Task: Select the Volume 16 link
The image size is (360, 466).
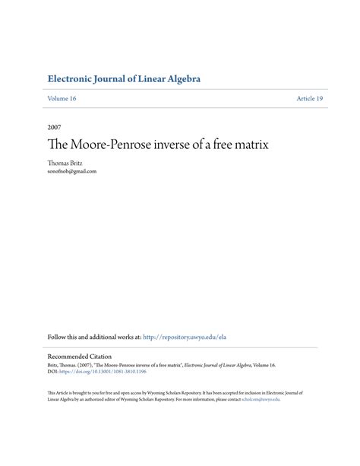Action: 62,99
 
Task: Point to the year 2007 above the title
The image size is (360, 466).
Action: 54,126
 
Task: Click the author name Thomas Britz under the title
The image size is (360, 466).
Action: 66,163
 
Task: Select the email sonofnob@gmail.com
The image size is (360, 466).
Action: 72,171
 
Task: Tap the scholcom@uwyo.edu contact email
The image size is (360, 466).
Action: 261,399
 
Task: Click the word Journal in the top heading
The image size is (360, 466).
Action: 118,79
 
